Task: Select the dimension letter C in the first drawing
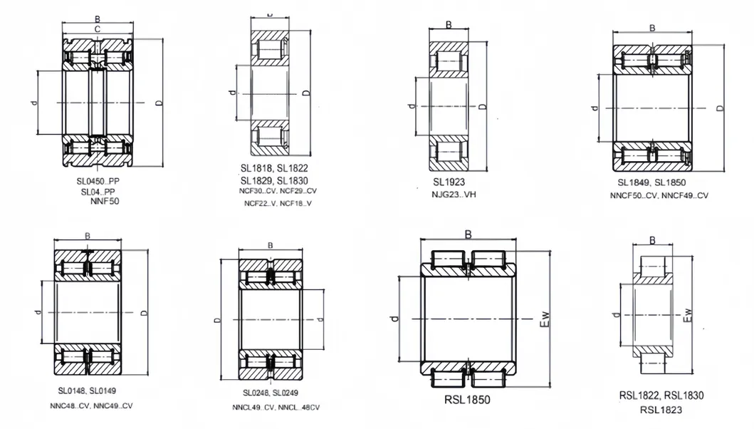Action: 97,29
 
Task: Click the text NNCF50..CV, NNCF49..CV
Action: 659,195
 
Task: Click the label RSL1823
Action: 661,409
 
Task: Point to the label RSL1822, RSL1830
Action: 661,395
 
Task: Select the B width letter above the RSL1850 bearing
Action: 468,234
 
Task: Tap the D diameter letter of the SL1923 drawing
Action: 482,107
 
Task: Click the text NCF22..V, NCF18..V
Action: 278,205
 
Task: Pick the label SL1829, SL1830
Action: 273,180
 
